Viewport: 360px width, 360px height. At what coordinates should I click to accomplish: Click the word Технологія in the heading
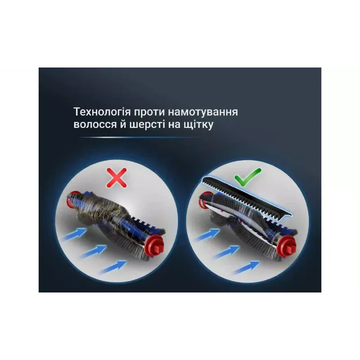pos(102,112)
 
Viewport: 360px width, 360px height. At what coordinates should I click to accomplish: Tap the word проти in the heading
pos(149,112)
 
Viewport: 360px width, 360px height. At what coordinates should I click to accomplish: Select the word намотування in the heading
pos(203,112)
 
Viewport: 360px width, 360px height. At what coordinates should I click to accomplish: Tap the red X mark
pos(117,178)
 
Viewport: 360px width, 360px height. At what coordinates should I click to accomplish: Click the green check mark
pos(247,177)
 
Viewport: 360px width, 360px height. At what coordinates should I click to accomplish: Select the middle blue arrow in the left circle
pos(94,252)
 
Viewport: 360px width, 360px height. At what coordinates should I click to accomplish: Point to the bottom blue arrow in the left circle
pos(113,267)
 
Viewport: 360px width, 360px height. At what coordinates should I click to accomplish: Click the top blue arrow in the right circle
pos(207,234)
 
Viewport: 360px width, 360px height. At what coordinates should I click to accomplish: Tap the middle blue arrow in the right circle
pos(227,252)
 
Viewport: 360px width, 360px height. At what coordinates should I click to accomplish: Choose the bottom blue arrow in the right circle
pos(246,268)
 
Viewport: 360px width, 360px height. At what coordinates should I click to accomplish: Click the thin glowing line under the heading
pos(138,138)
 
